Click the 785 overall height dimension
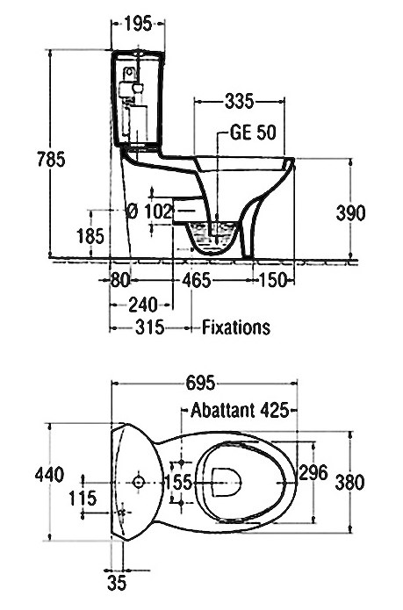point(51,159)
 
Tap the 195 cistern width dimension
point(139,24)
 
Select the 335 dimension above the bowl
point(239,102)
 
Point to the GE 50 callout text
point(253,133)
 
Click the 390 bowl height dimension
point(351,212)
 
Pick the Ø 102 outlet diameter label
point(150,212)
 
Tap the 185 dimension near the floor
point(90,236)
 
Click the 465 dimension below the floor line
point(197,281)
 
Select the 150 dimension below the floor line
point(273,280)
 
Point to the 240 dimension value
point(143,305)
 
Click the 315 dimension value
point(150,327)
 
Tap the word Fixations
point(236,327)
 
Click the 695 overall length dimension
point(200,384)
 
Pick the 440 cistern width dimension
point(49,475)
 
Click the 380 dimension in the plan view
point(350,483)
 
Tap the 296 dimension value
point(313,473)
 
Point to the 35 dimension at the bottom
point(117,584)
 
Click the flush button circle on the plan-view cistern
point(139,483)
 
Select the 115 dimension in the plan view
point(83,499)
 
